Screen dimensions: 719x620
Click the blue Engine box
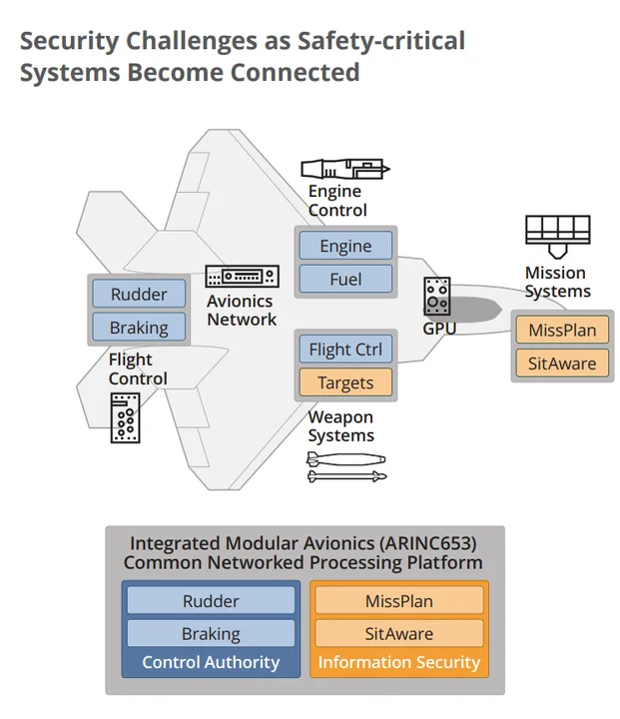(345, 246)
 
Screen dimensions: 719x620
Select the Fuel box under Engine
(345, 280)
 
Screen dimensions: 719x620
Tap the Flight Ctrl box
(345, 350)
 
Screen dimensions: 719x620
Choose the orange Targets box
(345, 382)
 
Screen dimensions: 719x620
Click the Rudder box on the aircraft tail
(139, 295)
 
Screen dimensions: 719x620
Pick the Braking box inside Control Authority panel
(211, 633)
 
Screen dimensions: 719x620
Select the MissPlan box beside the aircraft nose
(562, 331)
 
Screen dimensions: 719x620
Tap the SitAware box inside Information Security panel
(399, 633)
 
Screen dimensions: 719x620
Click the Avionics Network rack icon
(242, 277)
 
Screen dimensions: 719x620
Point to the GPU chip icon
(437, 296)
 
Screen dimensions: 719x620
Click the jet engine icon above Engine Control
(345, 169)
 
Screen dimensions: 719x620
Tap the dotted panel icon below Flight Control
(126, 417)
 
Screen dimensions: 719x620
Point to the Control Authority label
(211, 662)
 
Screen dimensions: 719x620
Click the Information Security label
(399, 662)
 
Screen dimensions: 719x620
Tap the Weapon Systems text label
(340, 426)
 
